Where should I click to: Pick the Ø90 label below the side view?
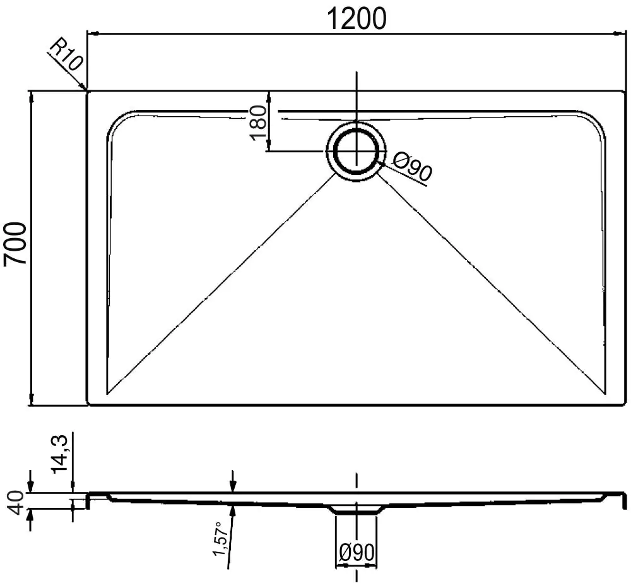357,553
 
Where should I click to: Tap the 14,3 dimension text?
61,454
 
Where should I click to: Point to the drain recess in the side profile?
357,509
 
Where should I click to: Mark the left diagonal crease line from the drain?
221,284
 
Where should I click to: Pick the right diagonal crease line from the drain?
492,284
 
